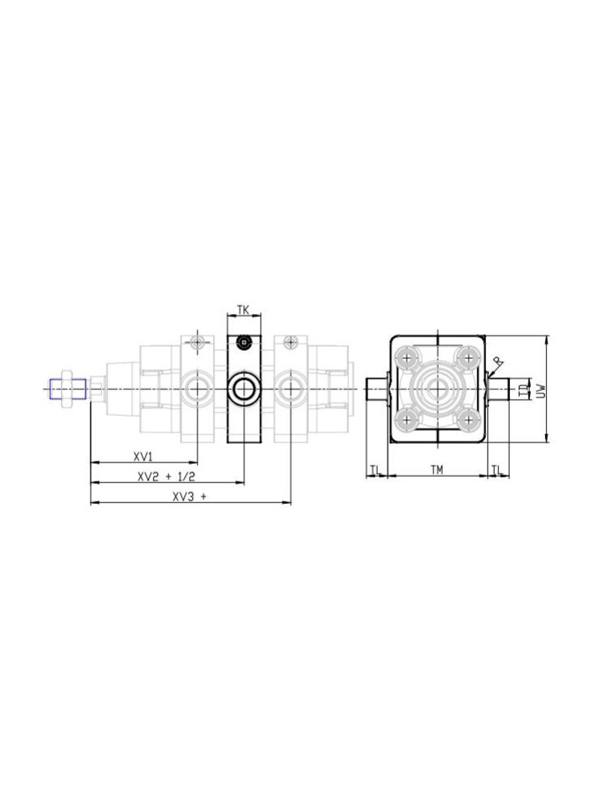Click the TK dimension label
point(243,309)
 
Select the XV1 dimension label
point(143,456)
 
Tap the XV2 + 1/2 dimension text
point(167,477)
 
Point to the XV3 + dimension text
point(190,497)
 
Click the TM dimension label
point(436,469)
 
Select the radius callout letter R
point(499,362)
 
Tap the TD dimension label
point(522,391)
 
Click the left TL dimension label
point(375,469)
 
